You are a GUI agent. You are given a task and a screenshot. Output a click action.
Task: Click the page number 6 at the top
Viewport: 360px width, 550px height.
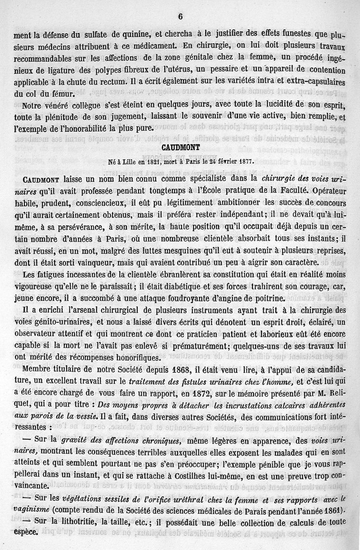pos(180,17)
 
